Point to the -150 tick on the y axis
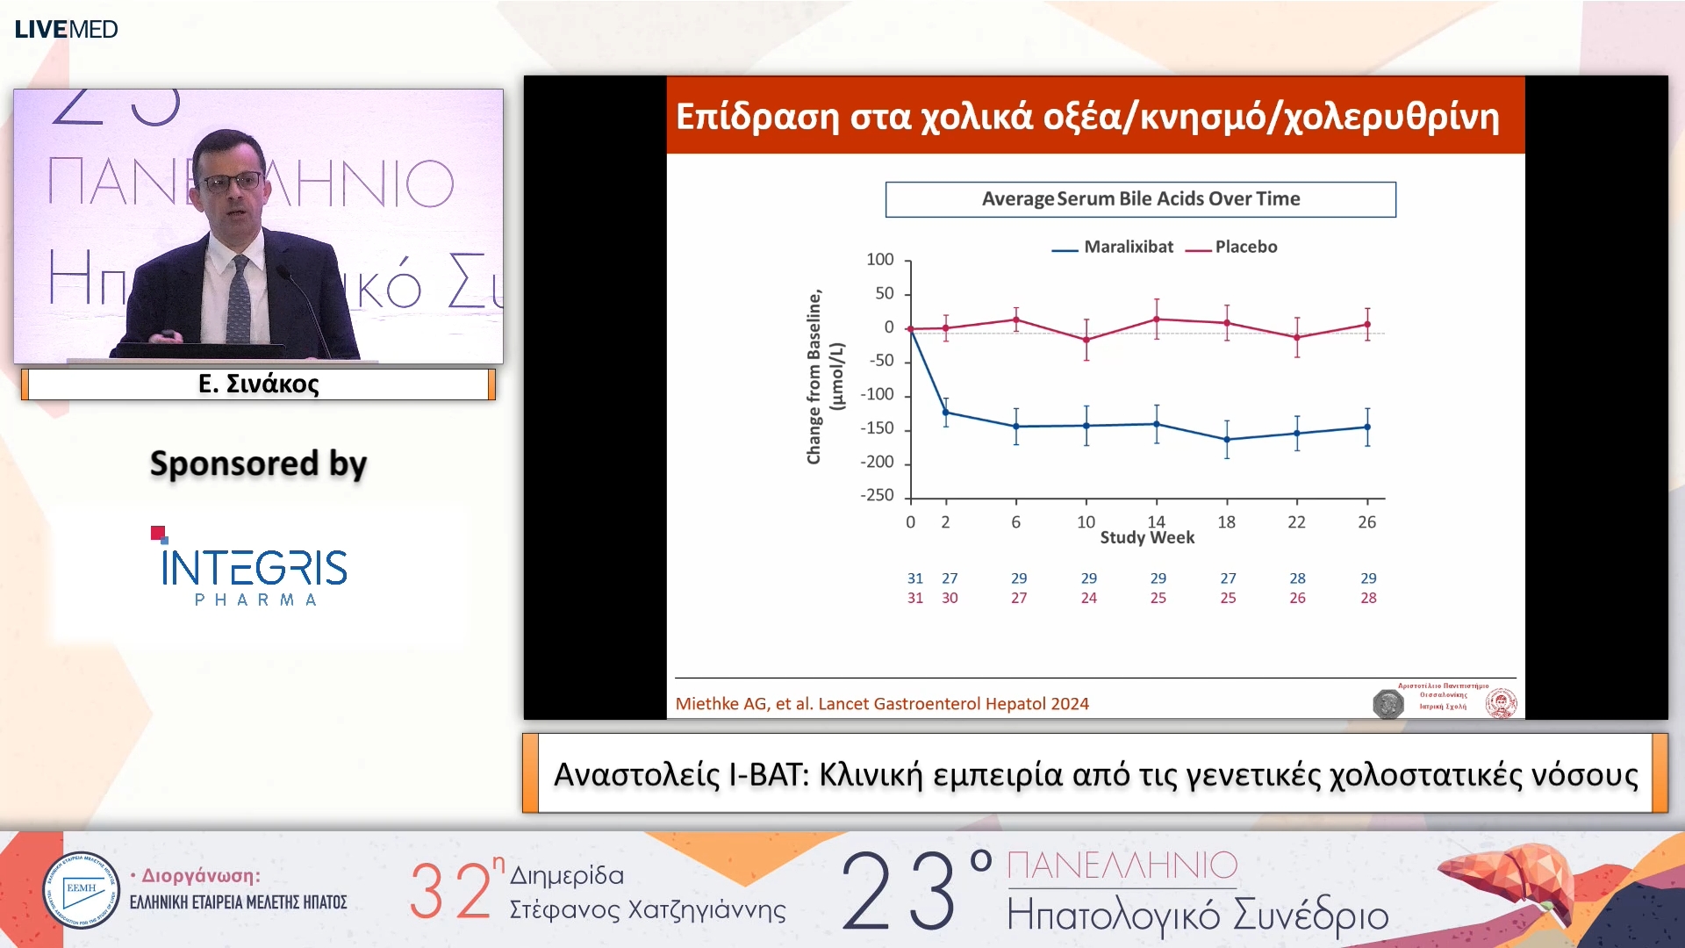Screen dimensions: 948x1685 point(878,428)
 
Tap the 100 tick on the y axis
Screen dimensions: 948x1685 point(879,260)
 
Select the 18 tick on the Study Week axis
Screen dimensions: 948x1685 point(1226,522)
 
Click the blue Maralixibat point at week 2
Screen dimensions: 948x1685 point(945,413)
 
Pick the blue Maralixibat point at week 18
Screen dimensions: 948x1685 point(1227,440)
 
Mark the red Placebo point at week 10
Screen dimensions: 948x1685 point(1086,340)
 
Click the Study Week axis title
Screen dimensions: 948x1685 point(1146,538)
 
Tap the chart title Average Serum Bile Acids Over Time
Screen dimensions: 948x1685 point(1140,199)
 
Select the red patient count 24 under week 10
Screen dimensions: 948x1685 point(1088,598)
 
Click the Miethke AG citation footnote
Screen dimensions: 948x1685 point(881,704)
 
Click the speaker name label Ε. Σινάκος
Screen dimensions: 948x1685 point(258,384)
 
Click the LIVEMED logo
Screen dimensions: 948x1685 point(66,29)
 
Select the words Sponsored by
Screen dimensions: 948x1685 point(258,463)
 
